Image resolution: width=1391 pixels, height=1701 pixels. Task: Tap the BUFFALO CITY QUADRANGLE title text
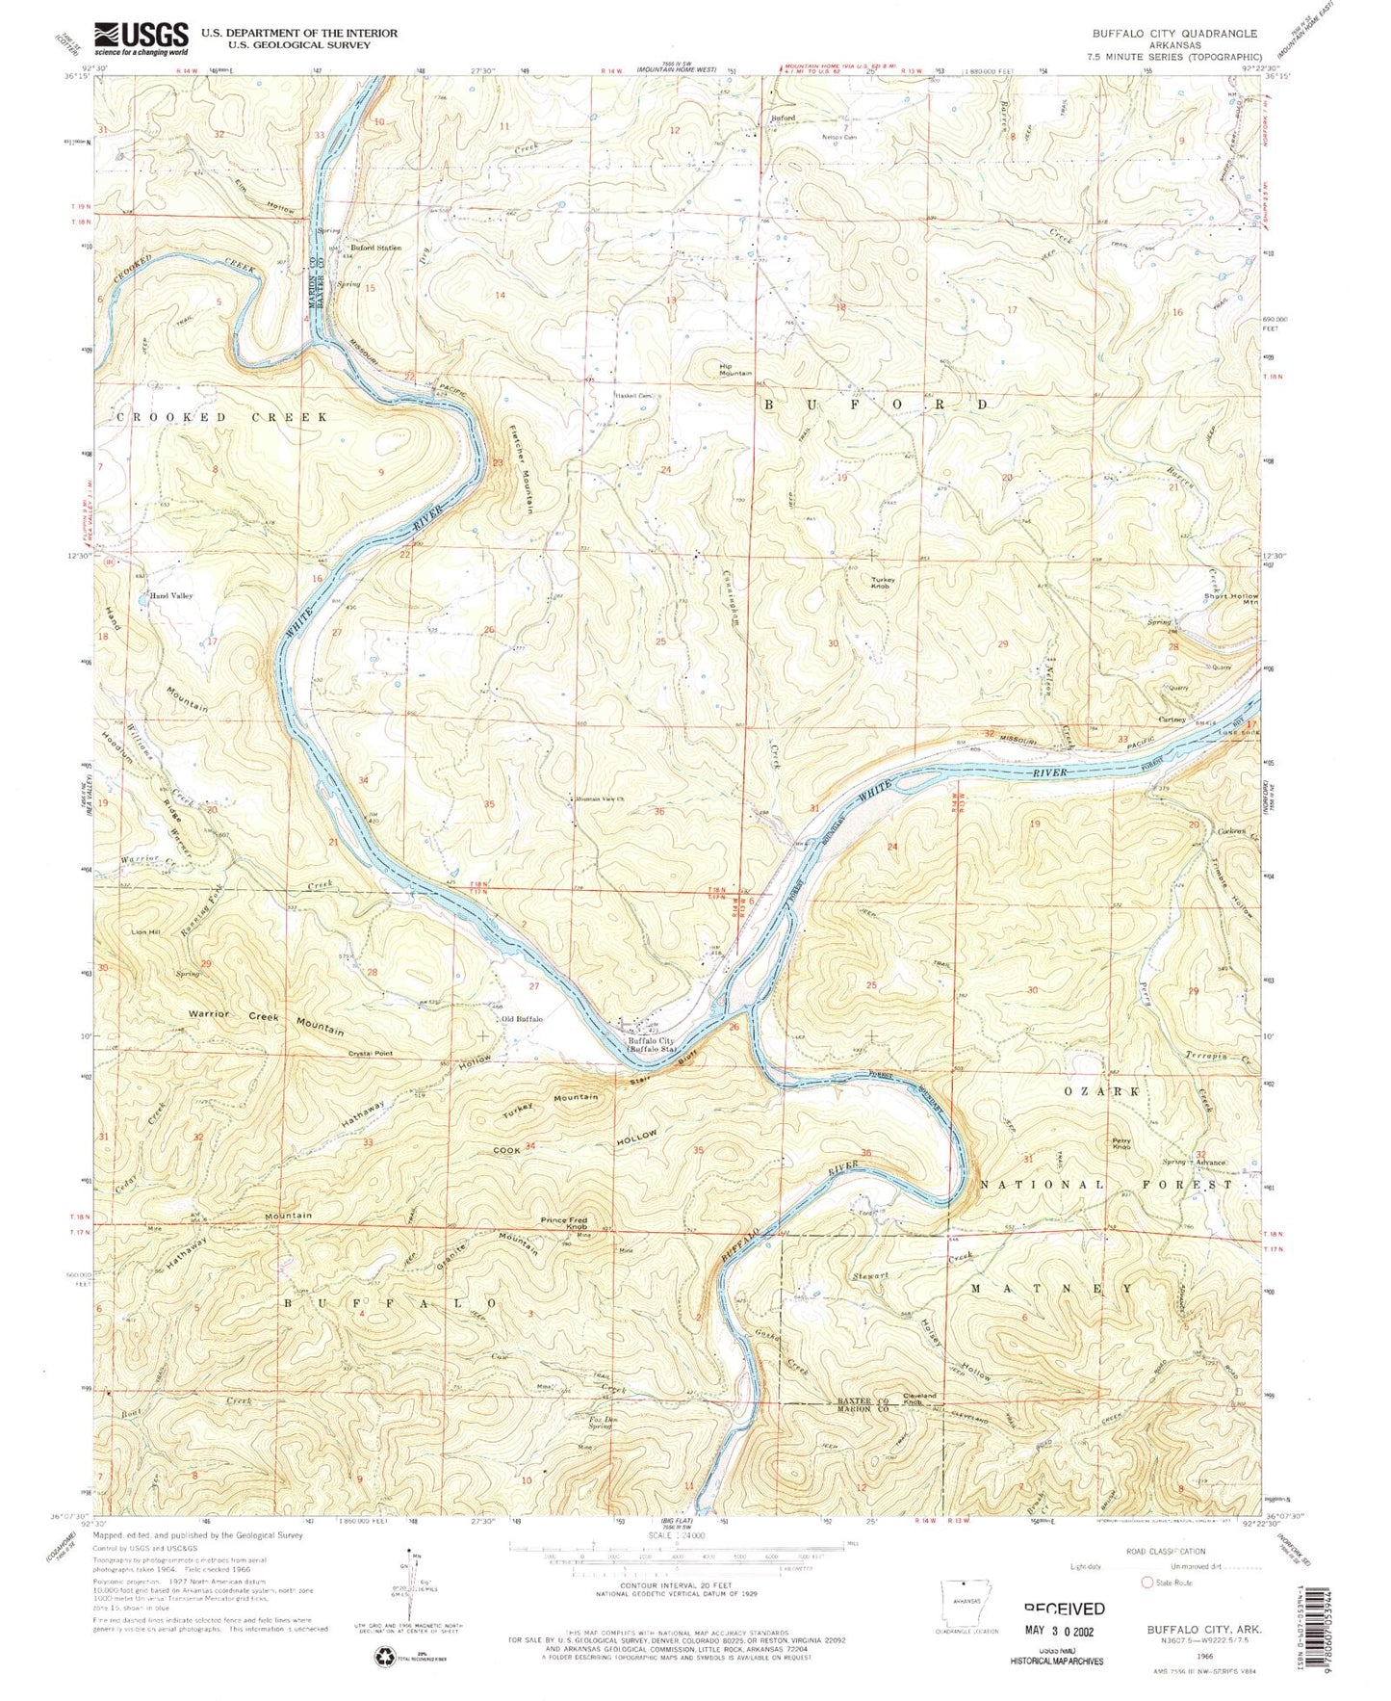tap(1174, 33)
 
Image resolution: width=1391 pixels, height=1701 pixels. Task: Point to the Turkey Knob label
tap(882, 583)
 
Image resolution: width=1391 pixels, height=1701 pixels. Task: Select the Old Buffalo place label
tap(522, 1019)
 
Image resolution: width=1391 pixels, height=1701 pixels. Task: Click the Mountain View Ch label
tap(600, 799)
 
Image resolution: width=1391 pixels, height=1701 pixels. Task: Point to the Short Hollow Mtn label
tap(1230, 599)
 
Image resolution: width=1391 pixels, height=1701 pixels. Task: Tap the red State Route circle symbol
tap(1146, 1582)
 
